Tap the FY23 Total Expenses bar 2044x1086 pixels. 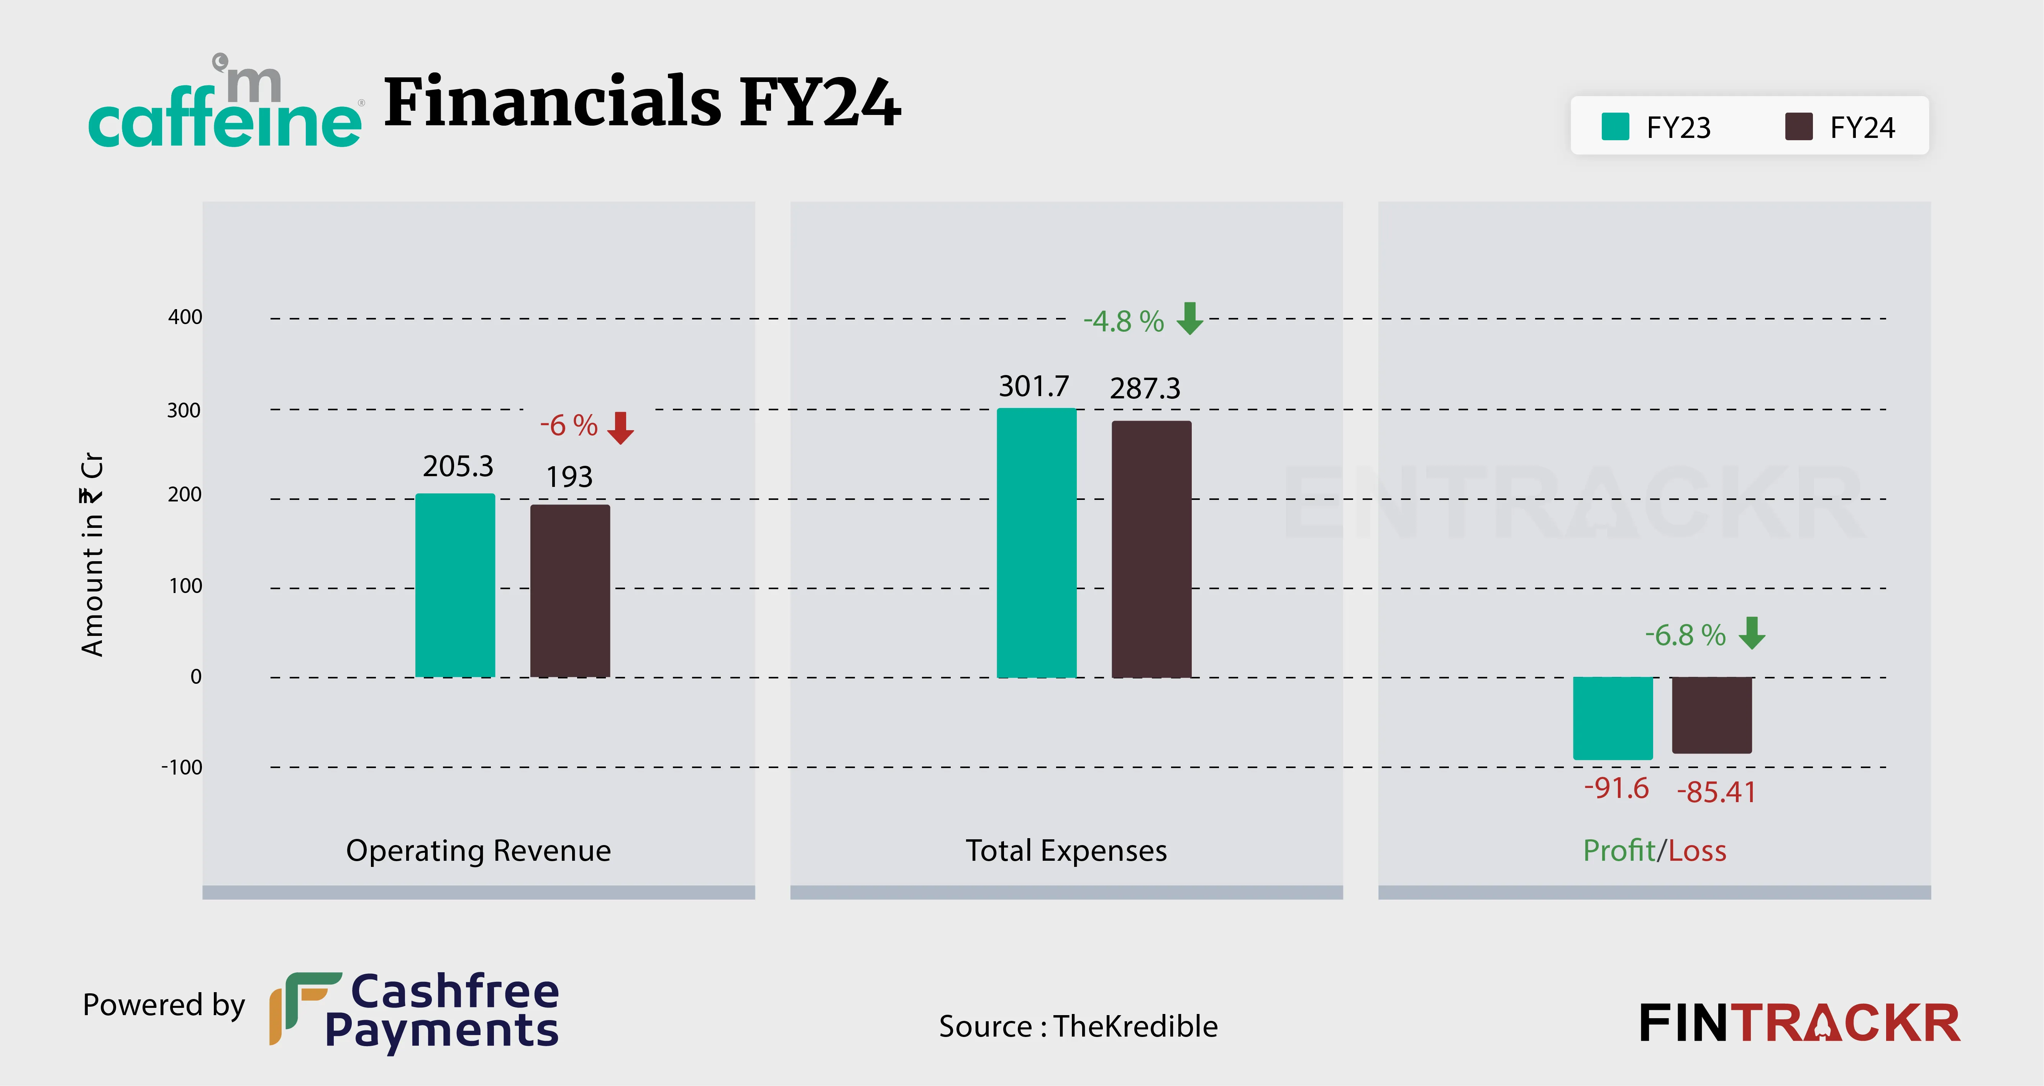tap(1036, 544)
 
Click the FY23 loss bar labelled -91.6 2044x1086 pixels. tap(1613, 718)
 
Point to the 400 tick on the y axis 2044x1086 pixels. tap(185, 317)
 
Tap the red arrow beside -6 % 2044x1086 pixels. tap(620, 428)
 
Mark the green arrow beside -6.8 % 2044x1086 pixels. tap(1752, 633)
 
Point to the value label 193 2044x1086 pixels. tap(569, 477)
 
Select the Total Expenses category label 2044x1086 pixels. tap(1066, 850)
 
